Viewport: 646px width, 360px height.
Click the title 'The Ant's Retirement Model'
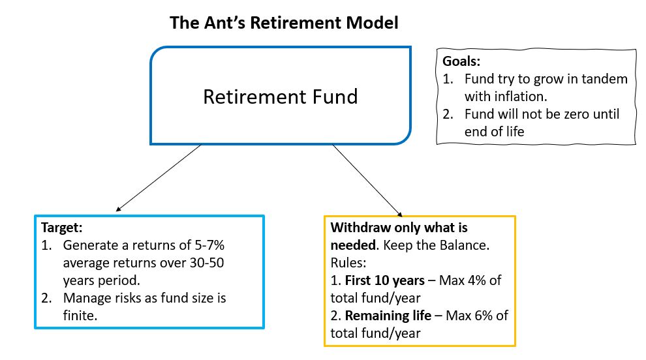[284, 23]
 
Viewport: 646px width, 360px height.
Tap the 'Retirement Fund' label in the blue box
[280, 97]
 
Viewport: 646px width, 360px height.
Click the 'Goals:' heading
[462, 63]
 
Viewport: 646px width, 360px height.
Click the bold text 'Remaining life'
[386, 316]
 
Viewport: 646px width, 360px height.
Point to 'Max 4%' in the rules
[462, 280]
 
